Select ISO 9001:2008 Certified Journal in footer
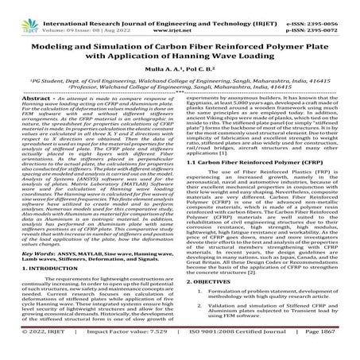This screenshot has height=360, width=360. click(231, 348)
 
